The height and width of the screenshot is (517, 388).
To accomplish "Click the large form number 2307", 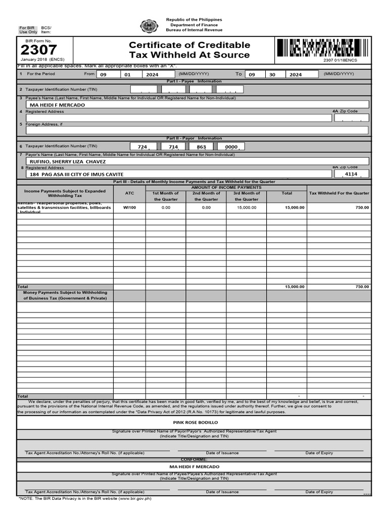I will pos(38,50).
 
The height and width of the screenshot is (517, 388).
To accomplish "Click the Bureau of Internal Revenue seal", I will pos(149,26).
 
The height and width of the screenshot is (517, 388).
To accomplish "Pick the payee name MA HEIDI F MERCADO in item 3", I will pos(58,105).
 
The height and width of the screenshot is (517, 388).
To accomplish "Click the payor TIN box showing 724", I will pos(142,147).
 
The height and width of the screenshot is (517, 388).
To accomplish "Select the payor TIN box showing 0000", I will pos(231,147).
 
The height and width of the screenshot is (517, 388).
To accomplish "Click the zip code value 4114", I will pos(351,174).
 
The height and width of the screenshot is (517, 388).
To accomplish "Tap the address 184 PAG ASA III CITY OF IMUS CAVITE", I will pos(76,174).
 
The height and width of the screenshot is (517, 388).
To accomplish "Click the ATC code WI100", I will pos(129,208).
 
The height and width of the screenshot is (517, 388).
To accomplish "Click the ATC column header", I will pos(129,193).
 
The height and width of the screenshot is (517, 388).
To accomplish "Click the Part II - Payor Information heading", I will pos(194,138).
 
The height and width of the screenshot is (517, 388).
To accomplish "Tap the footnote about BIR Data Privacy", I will pos(85,498).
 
